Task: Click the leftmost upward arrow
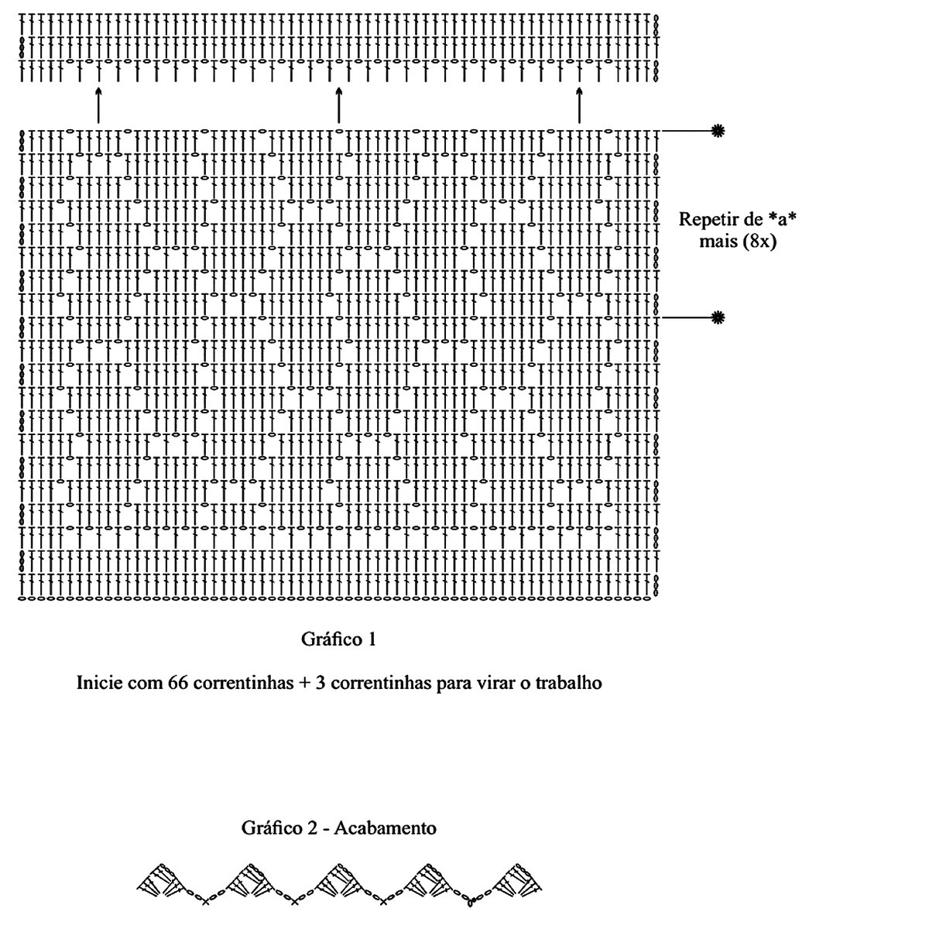click(x=98, y=105)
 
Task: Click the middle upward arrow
click(x=339, y=105)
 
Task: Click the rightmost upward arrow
click(x=579, y=105)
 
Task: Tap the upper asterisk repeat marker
click(x=718, y=131)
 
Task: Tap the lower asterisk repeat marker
click(x=718, y=317)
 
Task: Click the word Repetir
click(x=708, y=219)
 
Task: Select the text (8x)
click(x=759, y=242)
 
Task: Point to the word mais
click(x=719, y=242)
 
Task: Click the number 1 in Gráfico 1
click(x=372, y=639)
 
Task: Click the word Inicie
click(x=99, y=684)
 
